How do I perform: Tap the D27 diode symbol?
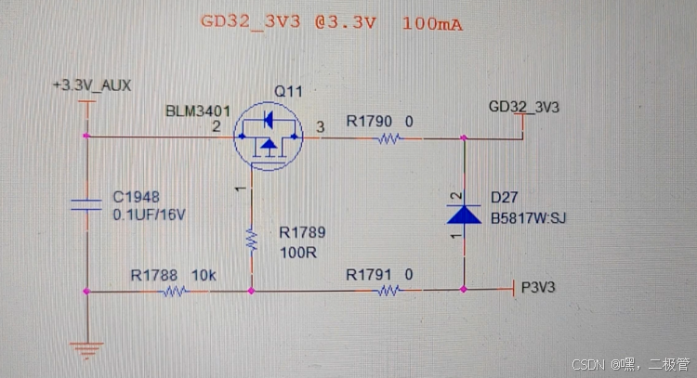(x=463, y=215)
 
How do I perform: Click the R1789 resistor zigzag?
(x=251, y=240)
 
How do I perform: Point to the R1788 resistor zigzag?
(x=174, y=291)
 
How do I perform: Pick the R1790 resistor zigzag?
(x=388, y=138)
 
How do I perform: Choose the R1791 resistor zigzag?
(x=388, y=291)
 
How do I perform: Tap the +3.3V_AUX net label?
(x=92, y=85)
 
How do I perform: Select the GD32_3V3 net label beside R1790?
(x=524, y=107)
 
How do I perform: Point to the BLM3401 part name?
(x=196, y=111)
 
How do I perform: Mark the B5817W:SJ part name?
(x=528, y=219)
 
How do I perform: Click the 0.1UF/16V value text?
(x=150, y=214)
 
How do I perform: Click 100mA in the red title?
(x=433, y=22)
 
